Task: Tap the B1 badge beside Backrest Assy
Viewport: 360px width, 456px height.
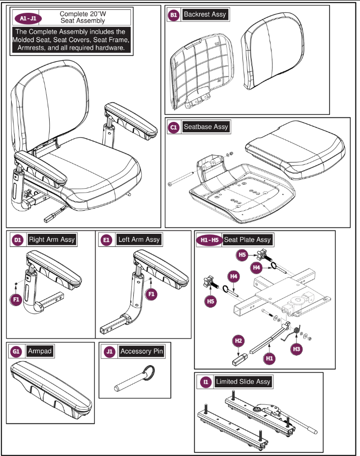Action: (174, 15)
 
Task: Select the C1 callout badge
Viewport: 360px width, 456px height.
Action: (174, 127)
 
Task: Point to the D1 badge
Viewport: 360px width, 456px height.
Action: (18, 240)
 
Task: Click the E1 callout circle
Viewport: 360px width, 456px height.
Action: (106, 240)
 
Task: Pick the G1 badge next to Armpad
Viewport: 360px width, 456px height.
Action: (17, 352)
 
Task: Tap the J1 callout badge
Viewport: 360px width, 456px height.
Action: (110, 352)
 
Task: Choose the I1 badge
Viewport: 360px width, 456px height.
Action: (206, 382)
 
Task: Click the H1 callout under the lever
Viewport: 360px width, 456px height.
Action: (269, 359)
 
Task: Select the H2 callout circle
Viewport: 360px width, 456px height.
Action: (239, 341)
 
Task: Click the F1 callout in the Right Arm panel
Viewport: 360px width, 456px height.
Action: (17, 298)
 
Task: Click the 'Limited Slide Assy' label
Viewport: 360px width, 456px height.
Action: (243, 381)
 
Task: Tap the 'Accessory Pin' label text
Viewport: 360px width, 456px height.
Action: (142, 351)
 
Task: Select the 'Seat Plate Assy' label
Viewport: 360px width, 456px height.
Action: (247, 240)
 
